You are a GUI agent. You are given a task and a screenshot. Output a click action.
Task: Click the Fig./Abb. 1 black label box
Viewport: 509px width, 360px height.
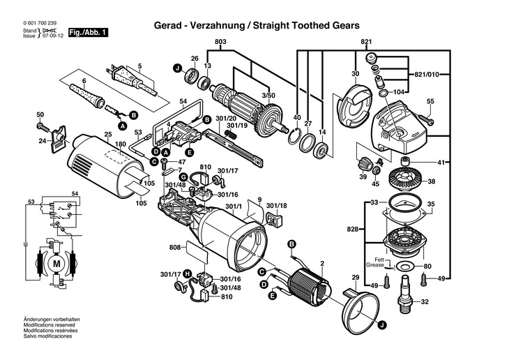(88, 33)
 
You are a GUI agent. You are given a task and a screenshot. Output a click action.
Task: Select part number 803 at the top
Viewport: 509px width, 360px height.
(220, 42)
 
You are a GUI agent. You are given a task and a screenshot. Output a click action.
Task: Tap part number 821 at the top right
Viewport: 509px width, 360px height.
(366, 42)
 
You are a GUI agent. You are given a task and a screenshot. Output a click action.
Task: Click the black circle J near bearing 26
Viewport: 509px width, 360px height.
(176, 68)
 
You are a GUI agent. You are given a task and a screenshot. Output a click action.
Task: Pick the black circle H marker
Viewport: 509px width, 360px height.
(188, 274)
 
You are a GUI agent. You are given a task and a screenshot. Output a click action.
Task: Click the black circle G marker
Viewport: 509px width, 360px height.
(184, 177)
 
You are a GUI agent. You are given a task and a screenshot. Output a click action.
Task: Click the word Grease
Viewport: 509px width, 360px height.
(375, 265)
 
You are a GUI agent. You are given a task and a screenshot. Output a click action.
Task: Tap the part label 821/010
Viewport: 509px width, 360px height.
(427, 75)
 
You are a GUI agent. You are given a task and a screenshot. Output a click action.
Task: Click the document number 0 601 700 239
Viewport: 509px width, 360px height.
(40, 23)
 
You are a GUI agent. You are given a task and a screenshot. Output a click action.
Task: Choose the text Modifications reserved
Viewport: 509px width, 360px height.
(49, 325)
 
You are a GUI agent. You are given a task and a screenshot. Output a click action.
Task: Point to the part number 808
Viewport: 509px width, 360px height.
(174, 248)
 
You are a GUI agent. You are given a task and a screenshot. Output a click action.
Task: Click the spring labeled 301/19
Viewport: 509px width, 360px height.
(231, 133)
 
